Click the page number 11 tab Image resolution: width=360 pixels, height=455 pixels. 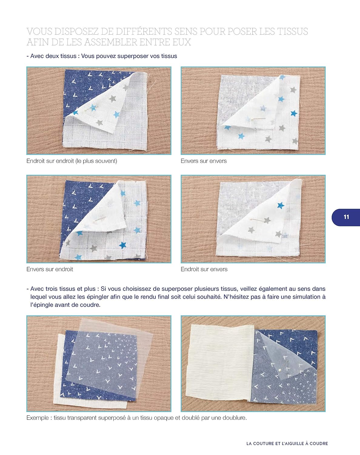point(346,217)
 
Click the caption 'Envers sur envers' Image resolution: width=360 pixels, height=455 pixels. point(203,161)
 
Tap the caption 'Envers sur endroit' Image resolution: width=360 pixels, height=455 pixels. point(50,269)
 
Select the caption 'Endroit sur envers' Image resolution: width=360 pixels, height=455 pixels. point(204,269)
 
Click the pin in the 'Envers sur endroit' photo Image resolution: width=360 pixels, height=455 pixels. point(100,219)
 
